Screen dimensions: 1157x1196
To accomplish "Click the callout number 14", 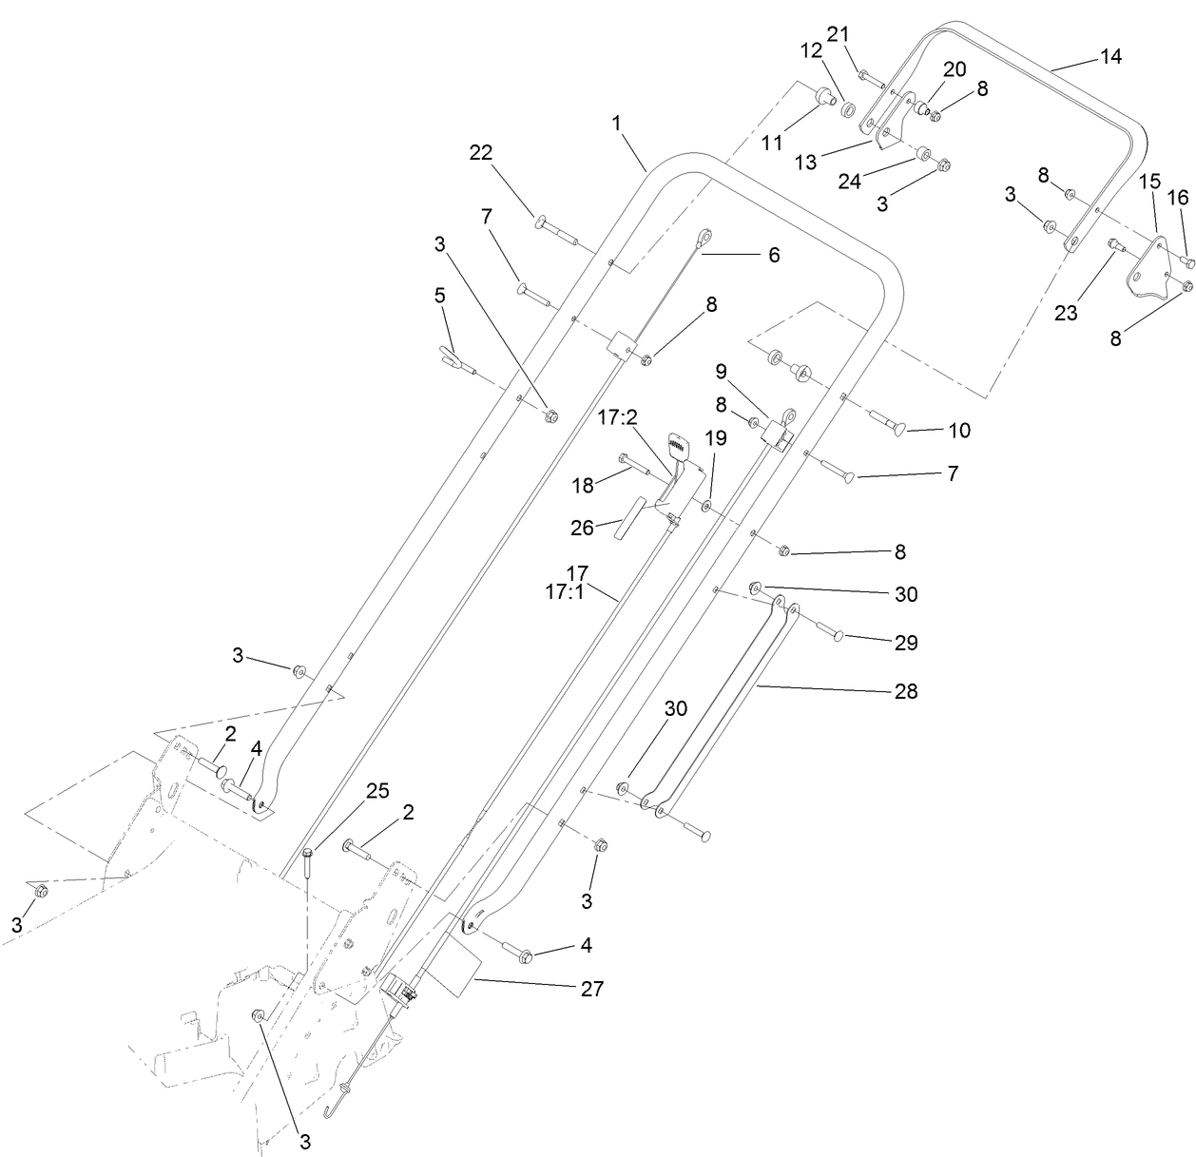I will click(x=1110, y=56).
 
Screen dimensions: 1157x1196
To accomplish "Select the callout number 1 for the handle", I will click(x=616, y=123).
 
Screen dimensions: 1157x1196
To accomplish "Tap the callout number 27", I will click(x=591, y=989).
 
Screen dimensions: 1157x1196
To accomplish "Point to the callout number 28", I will click(x=906, y=691).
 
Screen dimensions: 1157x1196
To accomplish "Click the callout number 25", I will click(x=377, y=791).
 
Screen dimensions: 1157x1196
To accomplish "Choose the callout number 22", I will click(x=483, y=152).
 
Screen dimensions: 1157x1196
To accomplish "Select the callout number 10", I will click(x=959, y=430).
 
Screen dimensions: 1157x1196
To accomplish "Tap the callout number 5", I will click(x=439, y=296).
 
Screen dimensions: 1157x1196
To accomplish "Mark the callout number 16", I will click(x=1177, y=198).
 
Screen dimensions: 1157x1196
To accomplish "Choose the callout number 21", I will click(x=838, y=34).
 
